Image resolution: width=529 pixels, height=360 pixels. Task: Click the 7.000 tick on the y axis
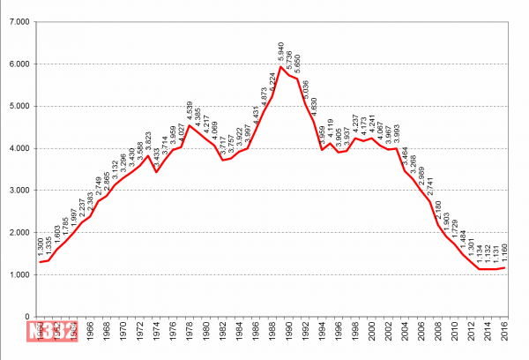pyautogui.click(x=19, y=22)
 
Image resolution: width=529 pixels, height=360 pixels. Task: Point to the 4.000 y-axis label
pyautogui.click(x=19, y=148)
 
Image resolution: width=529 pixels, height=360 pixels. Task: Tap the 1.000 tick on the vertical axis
pyautogui.click(x=19, y=274)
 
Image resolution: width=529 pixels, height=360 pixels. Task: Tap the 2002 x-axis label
pyautogui.click(x=390, y=334)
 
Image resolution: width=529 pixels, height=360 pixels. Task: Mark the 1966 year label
pyautogui.click(x=89, y=334)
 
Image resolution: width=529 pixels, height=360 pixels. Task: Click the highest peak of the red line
pyautogui.click(x=281, y=67)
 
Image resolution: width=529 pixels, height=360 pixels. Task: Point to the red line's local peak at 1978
pyautogui.click(x=189, y=125)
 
